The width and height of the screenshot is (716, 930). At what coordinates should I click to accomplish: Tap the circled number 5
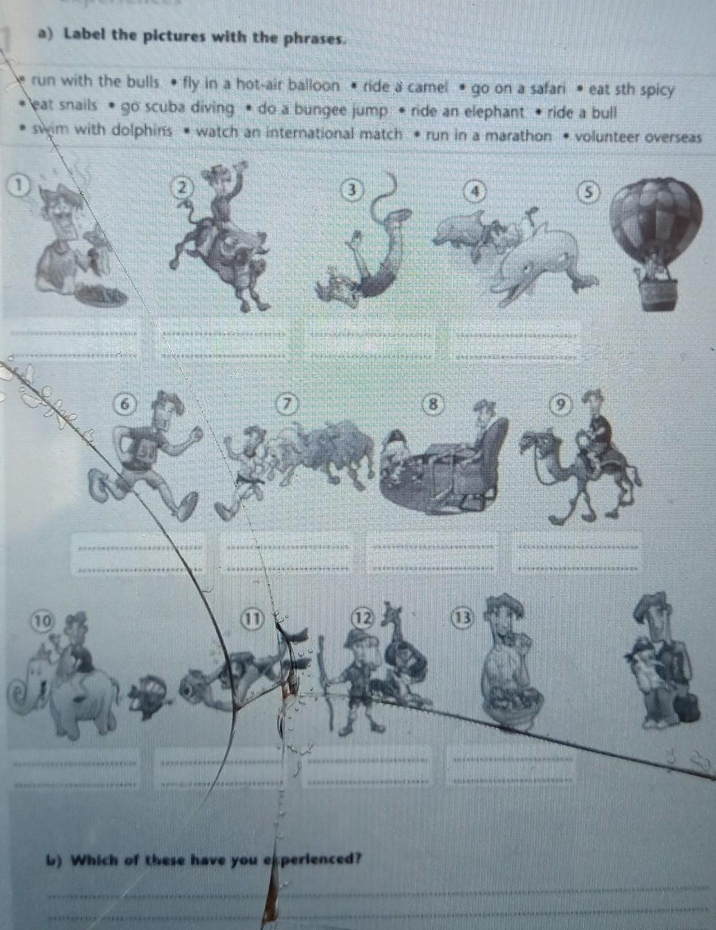pos(588,192)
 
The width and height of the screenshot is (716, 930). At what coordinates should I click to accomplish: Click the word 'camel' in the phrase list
pos(427,88)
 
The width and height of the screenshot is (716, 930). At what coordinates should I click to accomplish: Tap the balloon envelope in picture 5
pos(656,221)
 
